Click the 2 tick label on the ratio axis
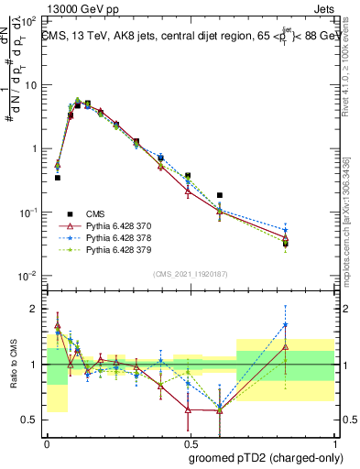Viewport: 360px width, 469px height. coord(32,309)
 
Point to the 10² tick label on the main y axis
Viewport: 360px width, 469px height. coord(27,21)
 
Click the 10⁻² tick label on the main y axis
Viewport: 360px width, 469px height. coord(27,276)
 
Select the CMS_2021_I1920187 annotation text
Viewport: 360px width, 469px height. coord(190,272)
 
